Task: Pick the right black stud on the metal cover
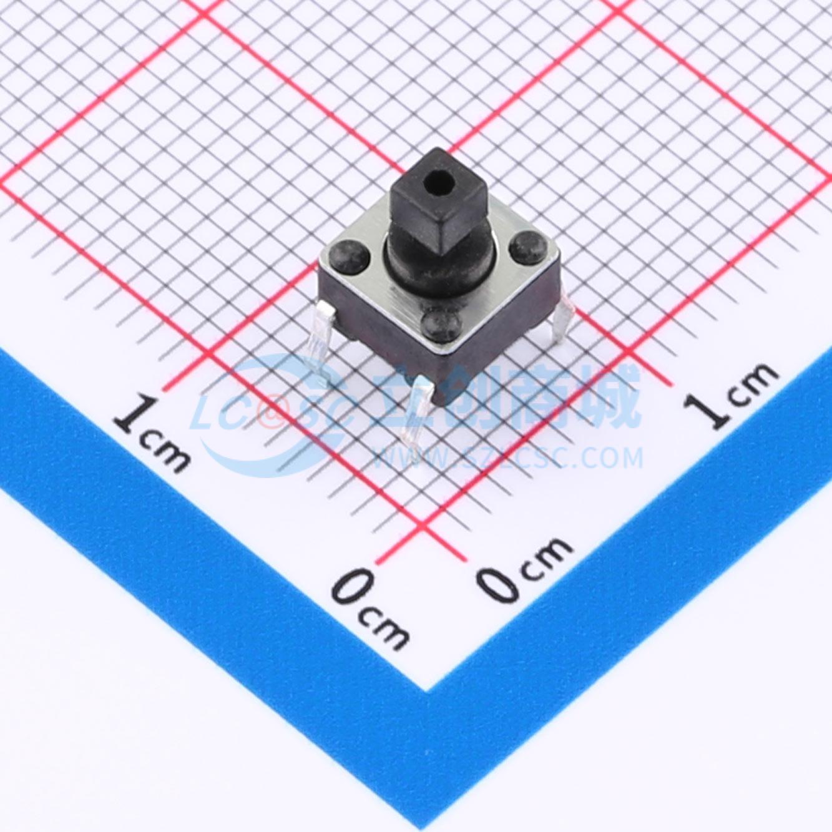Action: [527, 247]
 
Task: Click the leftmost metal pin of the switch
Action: [321, 341]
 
